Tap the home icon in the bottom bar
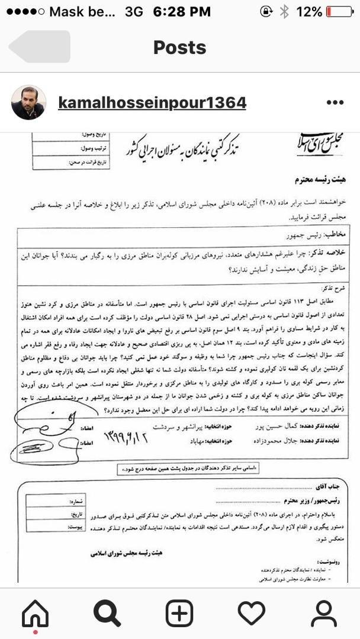[36, 614]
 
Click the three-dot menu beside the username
[335, 103]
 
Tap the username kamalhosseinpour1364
[152, 103]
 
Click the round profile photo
[28, 103]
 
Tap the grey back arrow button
[40, 47]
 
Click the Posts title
[180, 47]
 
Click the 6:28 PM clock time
[181, 11]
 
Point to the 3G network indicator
[134, 11]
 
